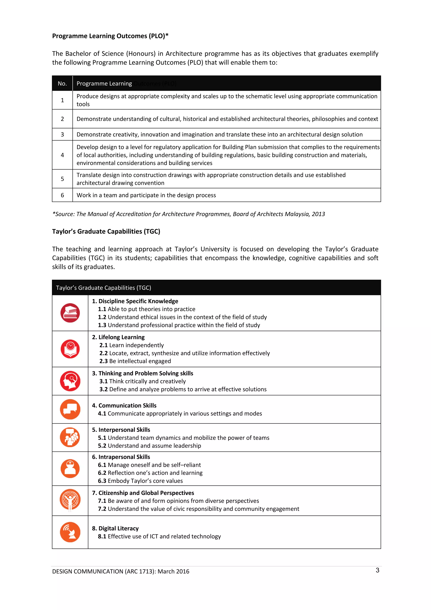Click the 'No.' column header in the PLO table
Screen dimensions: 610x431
tap(62, 83)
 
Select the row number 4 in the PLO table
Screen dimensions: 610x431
tap(63, 155)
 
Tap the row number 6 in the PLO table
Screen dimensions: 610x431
tap(63, 195)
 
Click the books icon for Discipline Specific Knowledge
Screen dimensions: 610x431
tap(70, 313)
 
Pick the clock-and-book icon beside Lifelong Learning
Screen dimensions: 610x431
tap(70, 349)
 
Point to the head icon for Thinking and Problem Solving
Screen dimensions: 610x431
tap(70, 381)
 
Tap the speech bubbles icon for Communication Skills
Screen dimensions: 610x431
tap(70, 409)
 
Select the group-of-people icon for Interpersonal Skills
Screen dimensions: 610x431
tap(70, 437)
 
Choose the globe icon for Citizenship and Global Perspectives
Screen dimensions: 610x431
tap(70, 499)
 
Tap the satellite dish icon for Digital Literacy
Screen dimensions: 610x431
tap(70, 532)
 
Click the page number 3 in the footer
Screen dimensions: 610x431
tap(377, 570)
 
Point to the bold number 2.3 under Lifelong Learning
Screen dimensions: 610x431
tap(104, 361)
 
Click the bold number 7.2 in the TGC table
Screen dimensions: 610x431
tap(102, 509)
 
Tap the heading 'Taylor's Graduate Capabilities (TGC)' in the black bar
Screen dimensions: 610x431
tap(104, 288)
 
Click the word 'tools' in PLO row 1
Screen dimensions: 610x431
tap(83, 104)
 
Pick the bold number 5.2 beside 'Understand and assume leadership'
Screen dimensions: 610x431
tap(102, 446)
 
